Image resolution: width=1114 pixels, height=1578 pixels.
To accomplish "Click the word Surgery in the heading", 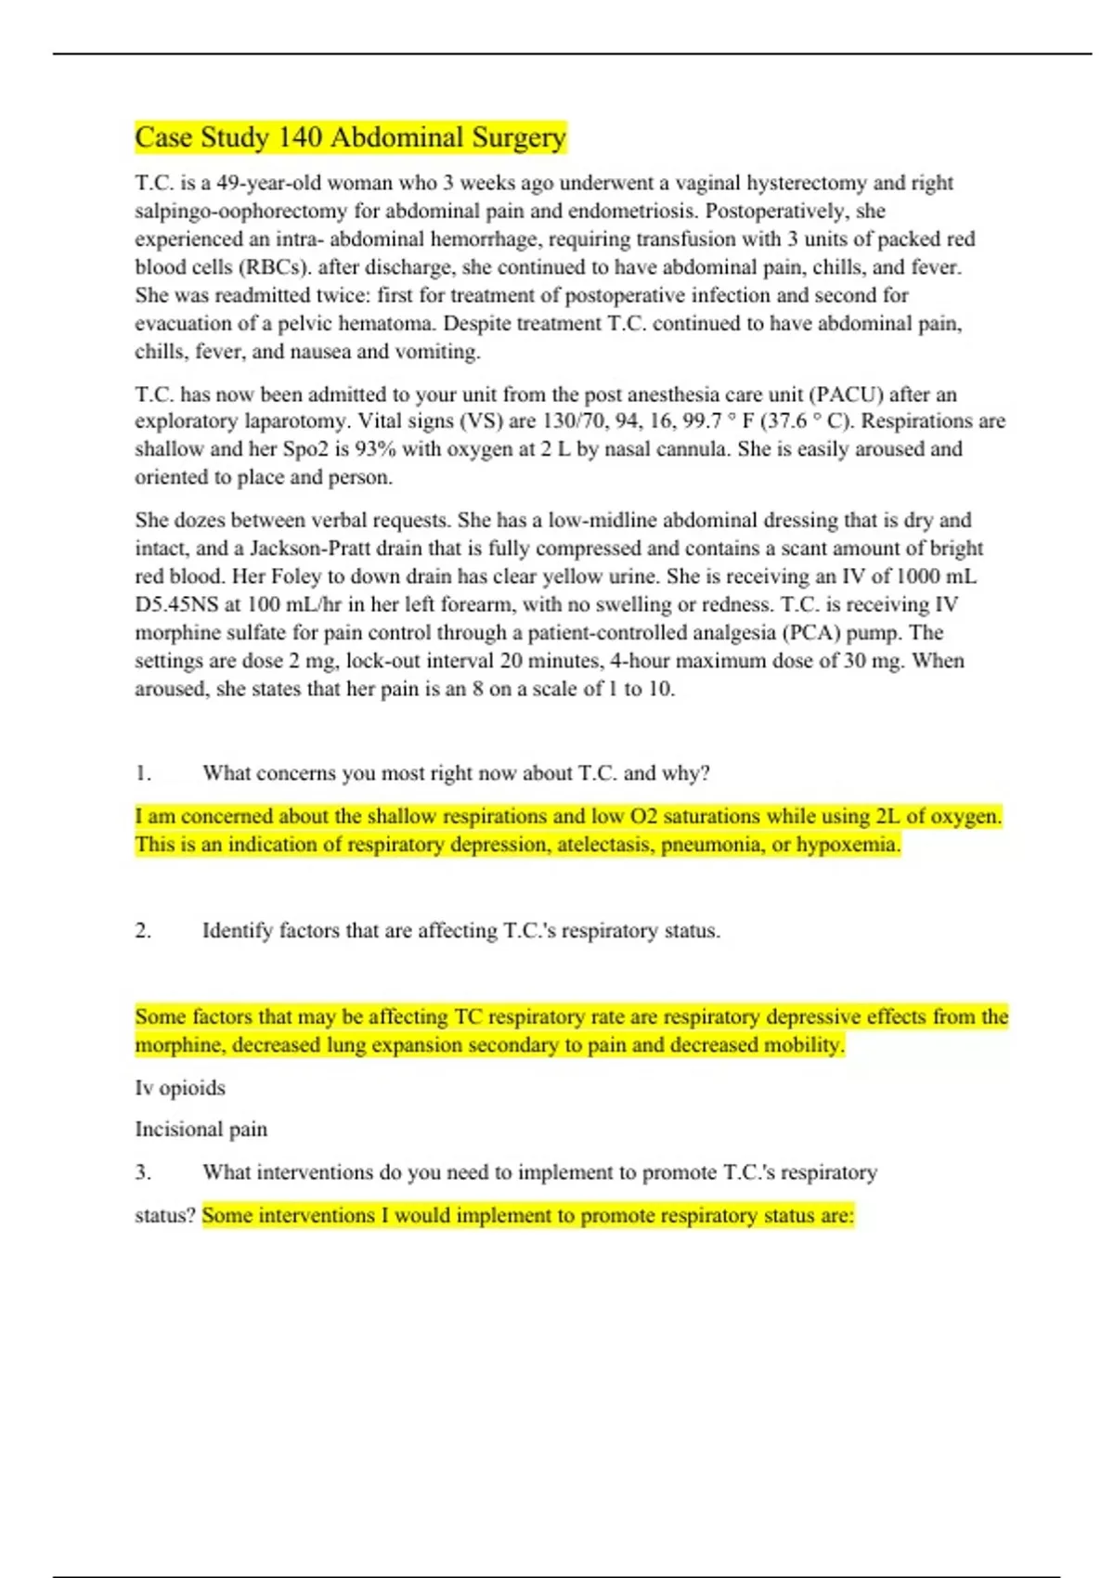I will coord(519,138).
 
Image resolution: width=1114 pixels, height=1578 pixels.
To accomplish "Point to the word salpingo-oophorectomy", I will coord(240,211).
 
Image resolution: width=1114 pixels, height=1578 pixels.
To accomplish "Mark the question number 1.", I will coord(143,773).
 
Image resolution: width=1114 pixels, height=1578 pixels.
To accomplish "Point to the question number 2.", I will coord(143,931).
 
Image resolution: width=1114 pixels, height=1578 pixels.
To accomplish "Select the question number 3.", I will coord(143,1172).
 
